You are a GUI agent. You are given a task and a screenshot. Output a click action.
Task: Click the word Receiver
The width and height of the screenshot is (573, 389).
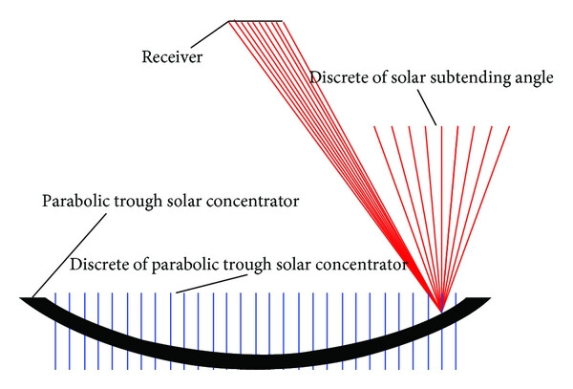[172, 57]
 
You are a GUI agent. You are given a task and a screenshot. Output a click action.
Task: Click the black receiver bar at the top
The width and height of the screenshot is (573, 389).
[256, 21]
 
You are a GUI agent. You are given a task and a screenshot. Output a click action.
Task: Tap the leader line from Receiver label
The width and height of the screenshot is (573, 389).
[210, 34]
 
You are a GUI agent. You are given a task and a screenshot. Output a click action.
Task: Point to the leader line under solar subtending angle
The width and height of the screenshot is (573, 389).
[427, 107]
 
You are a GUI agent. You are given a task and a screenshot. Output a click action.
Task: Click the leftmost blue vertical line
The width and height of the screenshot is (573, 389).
[55, 331]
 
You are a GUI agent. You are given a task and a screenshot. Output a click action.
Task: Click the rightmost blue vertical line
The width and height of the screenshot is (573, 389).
[456, 331]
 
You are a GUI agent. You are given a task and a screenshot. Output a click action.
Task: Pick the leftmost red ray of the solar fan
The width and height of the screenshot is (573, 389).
[408, 219]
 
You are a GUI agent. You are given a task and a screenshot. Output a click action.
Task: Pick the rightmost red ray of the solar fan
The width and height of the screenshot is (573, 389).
[476, 219]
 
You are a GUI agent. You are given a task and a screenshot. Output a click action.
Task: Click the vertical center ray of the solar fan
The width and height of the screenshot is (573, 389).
[442, 219]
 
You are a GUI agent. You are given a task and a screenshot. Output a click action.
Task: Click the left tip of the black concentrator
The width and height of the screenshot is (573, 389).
[20, 298]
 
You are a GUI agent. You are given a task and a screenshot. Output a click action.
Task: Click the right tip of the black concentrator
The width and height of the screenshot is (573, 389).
[490, 298]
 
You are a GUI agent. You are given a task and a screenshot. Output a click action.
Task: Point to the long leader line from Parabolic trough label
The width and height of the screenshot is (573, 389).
[70, 255]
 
